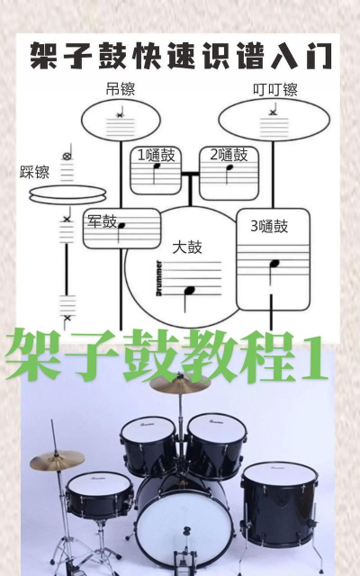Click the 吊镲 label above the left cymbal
(120, 88)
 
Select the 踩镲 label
(34, 171)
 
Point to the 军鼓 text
(103, 220)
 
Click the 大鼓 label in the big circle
(188, 246)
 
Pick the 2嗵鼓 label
(228, 154)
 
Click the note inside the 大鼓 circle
(188, 292)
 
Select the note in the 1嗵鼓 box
(158, 167)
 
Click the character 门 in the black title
(318, 57)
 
